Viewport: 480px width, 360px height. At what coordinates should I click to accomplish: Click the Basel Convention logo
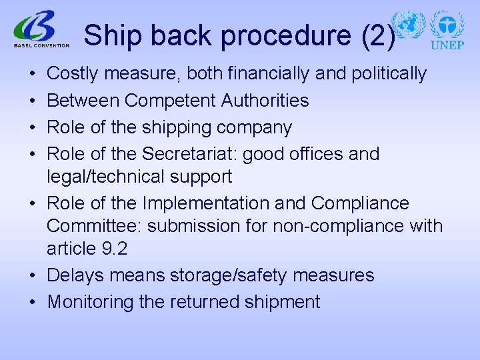(41, 31)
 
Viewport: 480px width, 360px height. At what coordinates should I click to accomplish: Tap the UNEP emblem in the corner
(447, 29)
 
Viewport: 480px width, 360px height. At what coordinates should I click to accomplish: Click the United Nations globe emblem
(408, 25)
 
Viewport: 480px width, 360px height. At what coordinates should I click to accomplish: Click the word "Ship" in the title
(109, 36)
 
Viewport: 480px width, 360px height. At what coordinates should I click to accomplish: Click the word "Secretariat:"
(189, 154)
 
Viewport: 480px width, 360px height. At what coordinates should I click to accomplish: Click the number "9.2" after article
(114, 249)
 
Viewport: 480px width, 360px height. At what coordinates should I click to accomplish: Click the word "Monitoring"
(91, 302)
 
